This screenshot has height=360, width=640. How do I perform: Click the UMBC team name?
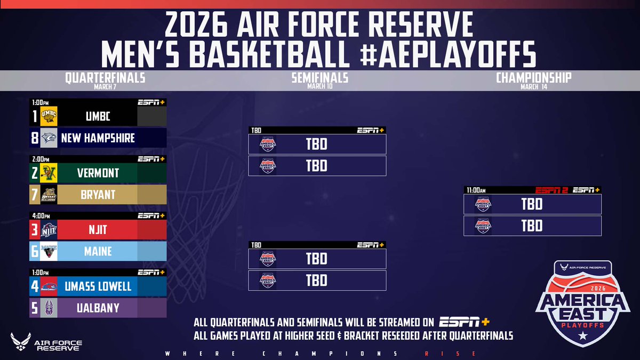pyautogui.click(x=98, y=116)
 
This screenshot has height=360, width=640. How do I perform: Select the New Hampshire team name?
pyautogui.click(x=98, y=138)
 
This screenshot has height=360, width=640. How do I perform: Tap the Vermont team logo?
pyautogui.click(x=49, y=173)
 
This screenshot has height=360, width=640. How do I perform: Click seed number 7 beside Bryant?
pyautogui.click(x=35, y=195)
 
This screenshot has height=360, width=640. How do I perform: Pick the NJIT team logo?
pyautogui.click(x=49, y=230)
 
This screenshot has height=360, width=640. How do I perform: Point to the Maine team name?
pyautogui.click(x=98, y=251)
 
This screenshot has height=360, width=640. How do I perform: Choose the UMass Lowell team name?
pyautogui.click(x=98, y=286)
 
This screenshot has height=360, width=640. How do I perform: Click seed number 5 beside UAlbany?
pyautogui.click(x=35, y=308)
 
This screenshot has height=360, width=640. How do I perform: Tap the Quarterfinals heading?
pyautogui.click(x=105, y=78)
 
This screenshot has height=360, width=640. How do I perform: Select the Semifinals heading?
pyautogui.click(x=319, y=78)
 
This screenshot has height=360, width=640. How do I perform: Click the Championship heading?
pyautogui.click(x=533, y=78)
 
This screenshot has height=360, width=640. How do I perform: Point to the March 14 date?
pyautogui.click(x=533, y=87)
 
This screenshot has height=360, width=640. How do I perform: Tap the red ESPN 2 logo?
pyautogui.click(x=552, y=190)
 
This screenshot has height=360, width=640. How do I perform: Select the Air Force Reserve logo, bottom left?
pyautogui.click(x=45, y=341)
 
